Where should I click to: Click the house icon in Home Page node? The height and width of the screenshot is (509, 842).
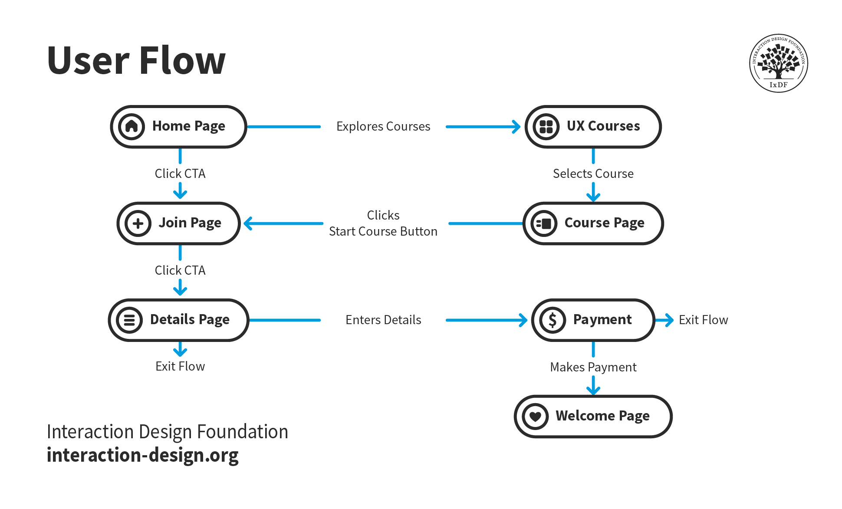(x=132, y=126)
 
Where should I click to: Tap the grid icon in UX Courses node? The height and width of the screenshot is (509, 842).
(x=546, y=126)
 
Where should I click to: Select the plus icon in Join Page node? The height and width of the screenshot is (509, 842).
(x=138, y=223)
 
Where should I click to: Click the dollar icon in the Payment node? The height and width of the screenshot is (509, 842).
(x=553, y=320)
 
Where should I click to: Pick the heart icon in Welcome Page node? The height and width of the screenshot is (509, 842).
(x=536, y=416)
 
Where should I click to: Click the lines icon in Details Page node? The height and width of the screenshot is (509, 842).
(x=129, y=320)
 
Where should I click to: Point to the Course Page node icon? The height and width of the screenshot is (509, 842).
(x=544, y=223)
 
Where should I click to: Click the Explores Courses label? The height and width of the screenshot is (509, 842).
(x=383, y=126)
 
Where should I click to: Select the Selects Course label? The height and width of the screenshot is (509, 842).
(x=593, y=174)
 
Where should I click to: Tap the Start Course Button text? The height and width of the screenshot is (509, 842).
(x=383, y=231)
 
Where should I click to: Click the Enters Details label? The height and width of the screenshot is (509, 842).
(x=383, y=320)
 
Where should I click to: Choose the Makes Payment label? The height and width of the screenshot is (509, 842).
(x=593, y=367)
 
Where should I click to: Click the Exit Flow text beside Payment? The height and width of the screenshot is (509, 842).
(x=703, y=320)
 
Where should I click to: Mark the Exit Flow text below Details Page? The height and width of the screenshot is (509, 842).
(x=180, y=366)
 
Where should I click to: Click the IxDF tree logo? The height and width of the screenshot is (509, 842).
(x=779, y=63)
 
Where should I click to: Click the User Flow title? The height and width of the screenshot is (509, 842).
(x=136, y=61)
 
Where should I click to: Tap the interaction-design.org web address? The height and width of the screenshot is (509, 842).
(x=143, y=455)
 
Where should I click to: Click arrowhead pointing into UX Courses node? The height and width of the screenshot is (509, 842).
(x=516, y=127)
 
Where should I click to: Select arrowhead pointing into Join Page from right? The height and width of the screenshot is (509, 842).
(x=248, y=223)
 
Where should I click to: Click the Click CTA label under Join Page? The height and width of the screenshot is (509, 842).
(x=180, y=270)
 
